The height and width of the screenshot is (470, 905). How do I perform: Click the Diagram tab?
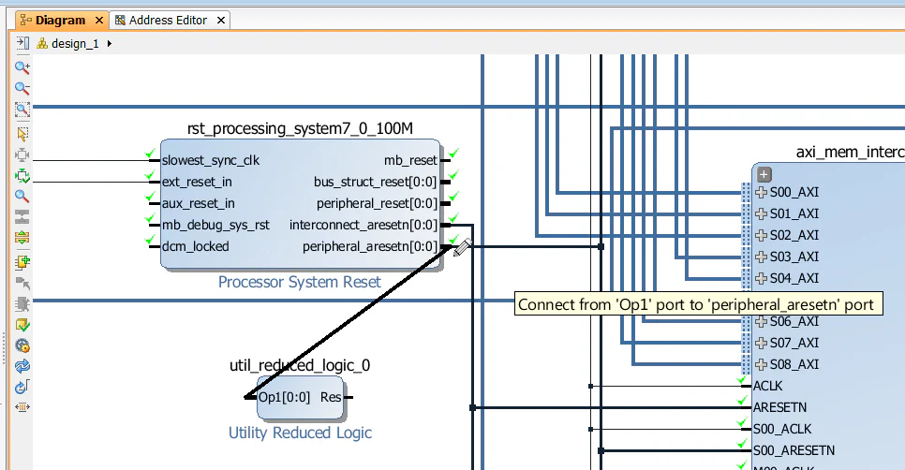(60, 20)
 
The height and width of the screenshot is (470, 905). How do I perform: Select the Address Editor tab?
(168, 20)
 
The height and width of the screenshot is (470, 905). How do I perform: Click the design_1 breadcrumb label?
(75, 43)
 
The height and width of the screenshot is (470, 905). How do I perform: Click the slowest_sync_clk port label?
(211, 160)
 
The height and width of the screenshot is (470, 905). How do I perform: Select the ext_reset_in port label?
(197, 182)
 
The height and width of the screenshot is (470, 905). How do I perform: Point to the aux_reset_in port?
(199, 203)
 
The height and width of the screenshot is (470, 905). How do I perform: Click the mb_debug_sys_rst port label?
(216, 225)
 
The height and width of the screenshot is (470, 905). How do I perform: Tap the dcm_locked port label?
(195, 246)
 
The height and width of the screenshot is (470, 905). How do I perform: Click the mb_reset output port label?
(410, 160)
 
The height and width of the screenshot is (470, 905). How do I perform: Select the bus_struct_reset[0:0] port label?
(375, 182)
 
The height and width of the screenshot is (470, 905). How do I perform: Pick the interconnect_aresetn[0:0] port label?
(363, 225)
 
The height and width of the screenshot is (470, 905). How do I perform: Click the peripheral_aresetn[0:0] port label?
(369, 246)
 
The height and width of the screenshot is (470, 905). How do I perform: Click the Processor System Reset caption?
(299, 282)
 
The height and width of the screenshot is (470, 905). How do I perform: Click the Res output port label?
(331, 397)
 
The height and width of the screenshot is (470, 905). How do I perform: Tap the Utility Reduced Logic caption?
(300, 433)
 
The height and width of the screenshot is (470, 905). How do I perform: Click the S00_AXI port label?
(794, 192)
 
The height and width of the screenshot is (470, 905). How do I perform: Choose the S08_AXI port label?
(794, 364)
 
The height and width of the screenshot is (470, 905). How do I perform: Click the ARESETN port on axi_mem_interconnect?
(779, 407)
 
